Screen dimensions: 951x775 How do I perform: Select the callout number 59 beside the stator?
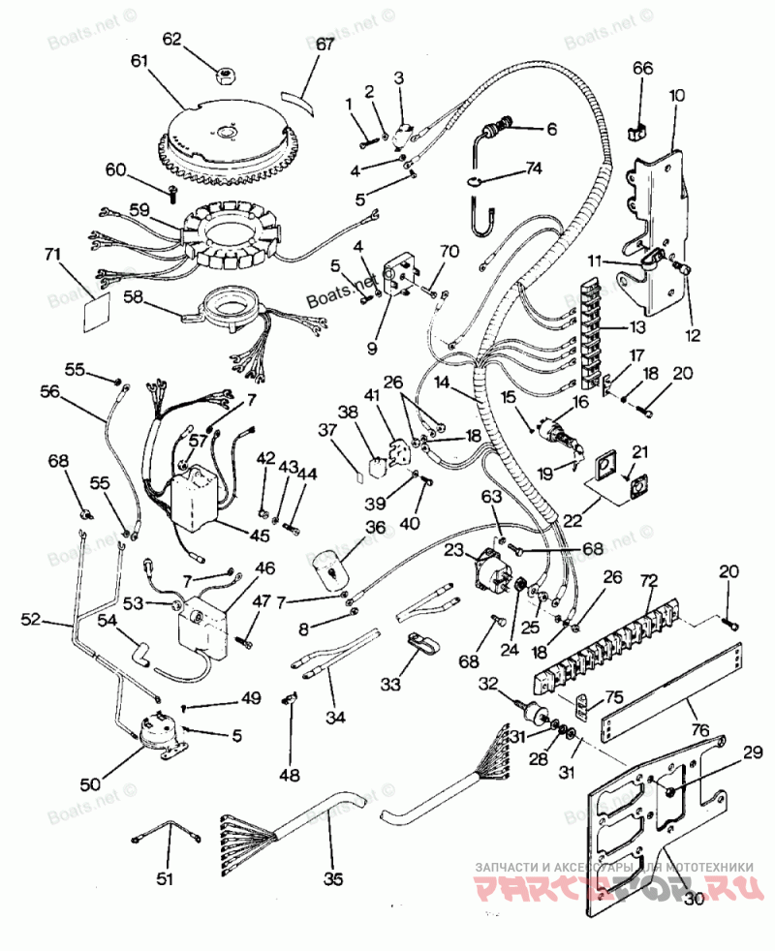coord(139,208)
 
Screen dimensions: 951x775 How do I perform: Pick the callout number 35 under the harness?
coord(333,879)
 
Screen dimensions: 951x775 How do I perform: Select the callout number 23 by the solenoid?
coord(453,550)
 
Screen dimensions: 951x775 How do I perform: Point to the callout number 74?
coord(533,167)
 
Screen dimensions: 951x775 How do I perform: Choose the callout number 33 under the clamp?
coord(390,685)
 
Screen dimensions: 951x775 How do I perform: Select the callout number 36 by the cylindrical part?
coord(375,527)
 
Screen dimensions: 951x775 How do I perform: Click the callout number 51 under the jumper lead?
coord(166,879)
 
